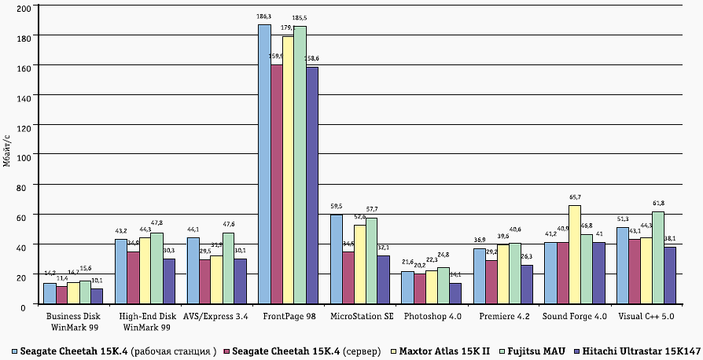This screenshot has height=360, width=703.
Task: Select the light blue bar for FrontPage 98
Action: click(x=264, y=165)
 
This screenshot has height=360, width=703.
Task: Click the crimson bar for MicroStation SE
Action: click(x=348, y=278)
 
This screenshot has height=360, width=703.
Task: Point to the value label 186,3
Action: click(x=263, y=17)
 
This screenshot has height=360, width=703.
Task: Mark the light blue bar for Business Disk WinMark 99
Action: click(x=50, y=294)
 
